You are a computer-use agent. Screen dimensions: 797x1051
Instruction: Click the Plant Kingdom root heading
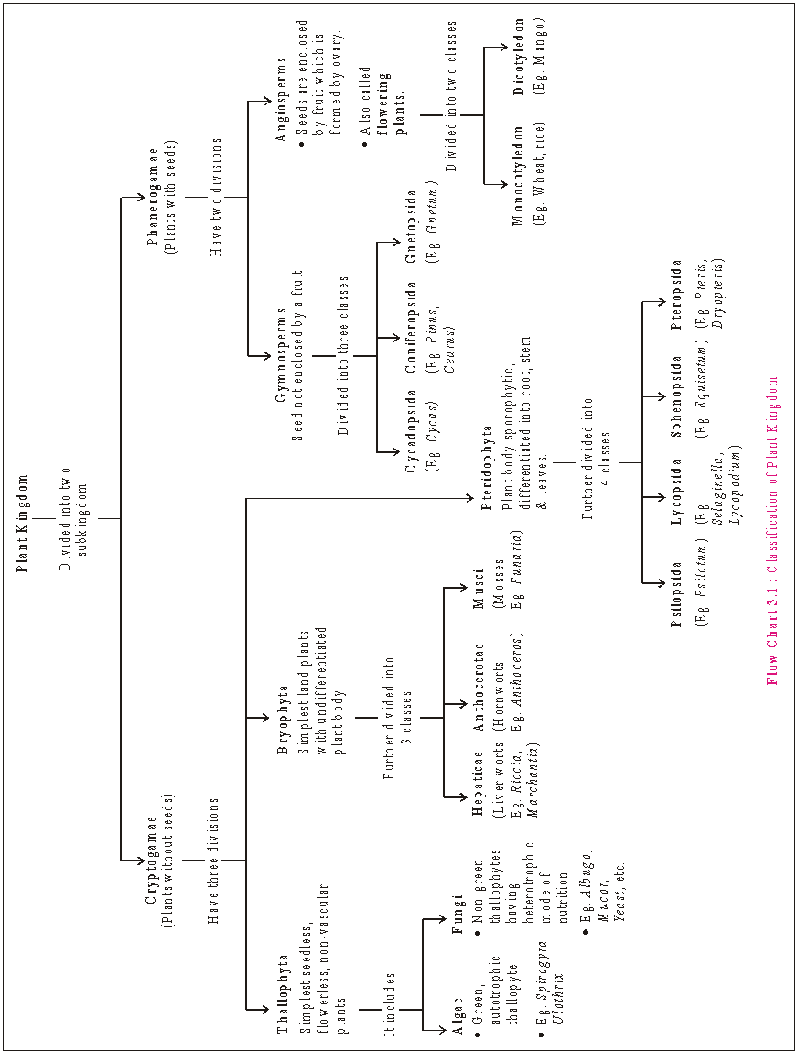click(x=23, y=523)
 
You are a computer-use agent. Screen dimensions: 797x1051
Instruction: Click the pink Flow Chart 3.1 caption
click(x=772, y=531)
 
